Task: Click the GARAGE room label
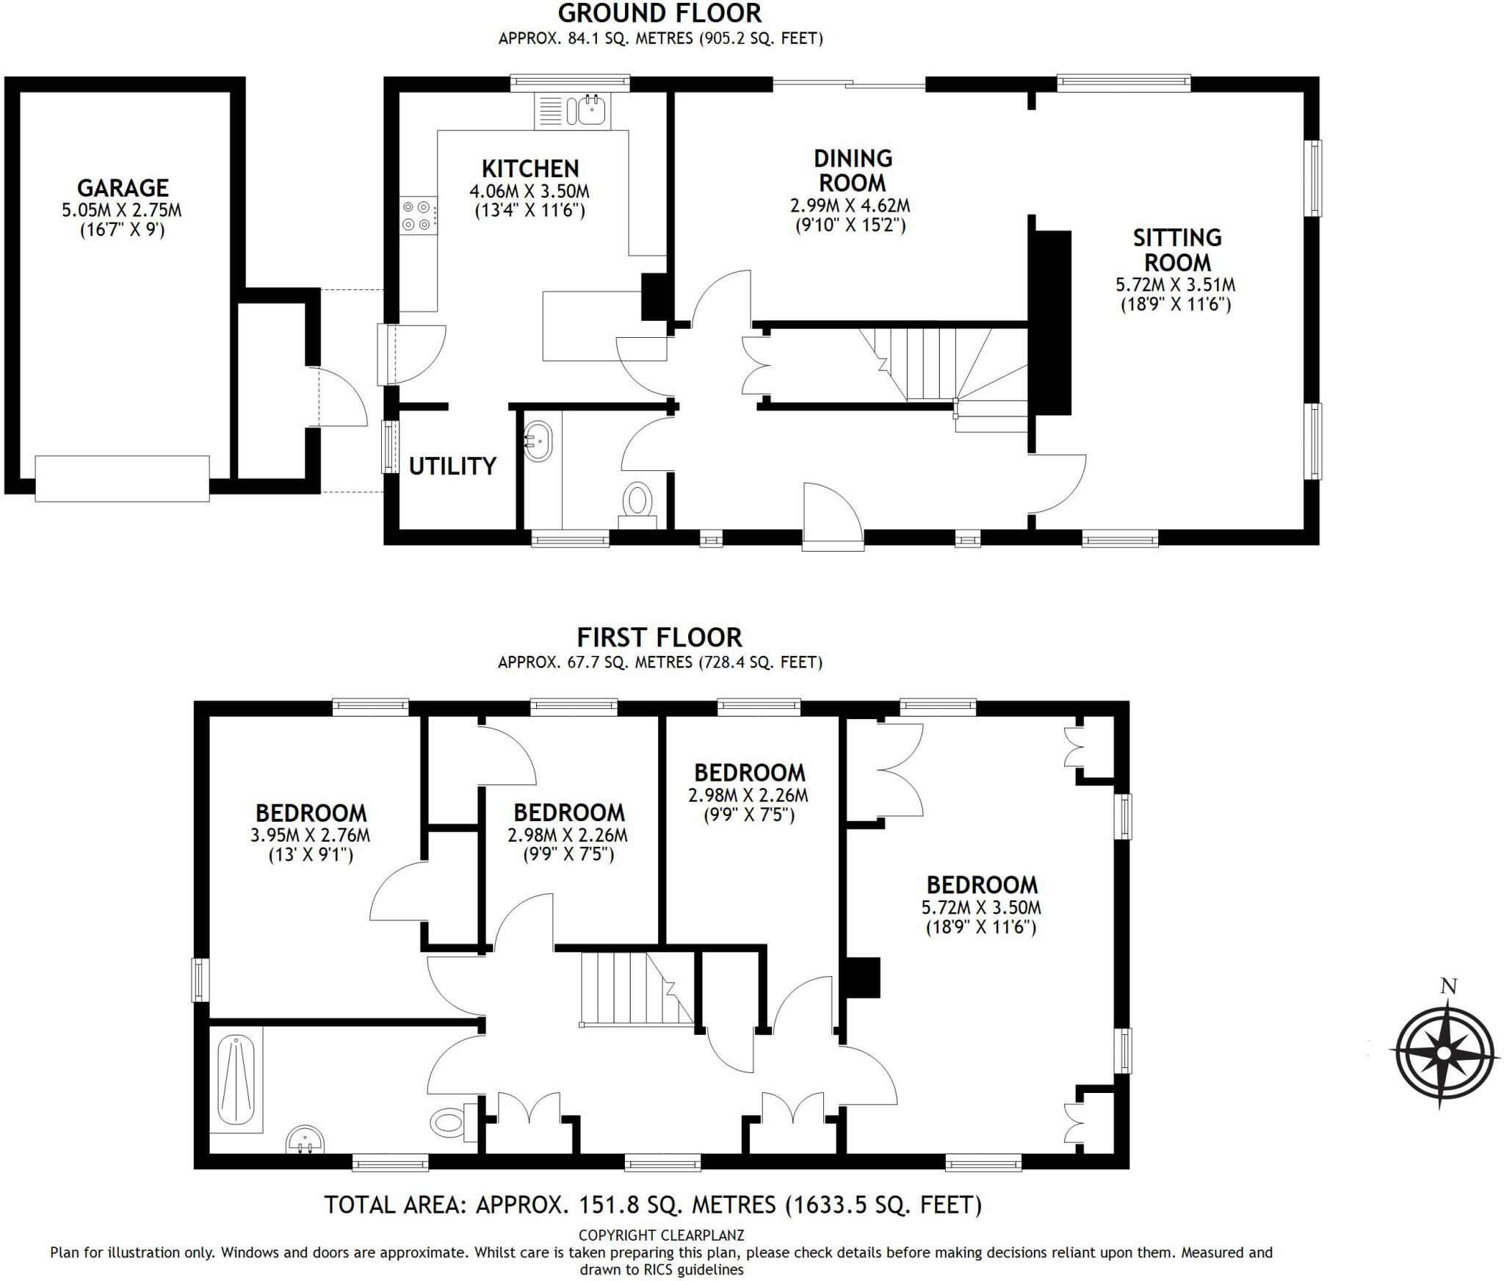123,188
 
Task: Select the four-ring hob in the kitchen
416,216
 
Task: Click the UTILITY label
452,466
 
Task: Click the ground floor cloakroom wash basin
538,441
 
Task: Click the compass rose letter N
1448,986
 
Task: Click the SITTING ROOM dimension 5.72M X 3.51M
1176,285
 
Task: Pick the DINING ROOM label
853,170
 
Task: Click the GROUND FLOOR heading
659,13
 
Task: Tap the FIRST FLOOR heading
659,637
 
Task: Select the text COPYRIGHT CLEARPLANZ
661,1235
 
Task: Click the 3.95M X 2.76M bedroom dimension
311,835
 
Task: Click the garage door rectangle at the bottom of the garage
122,479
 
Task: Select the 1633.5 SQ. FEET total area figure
884,1205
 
